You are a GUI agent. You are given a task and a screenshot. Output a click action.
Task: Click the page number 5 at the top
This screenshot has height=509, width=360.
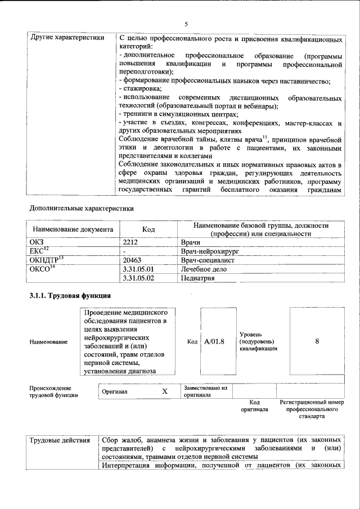pos(185,24)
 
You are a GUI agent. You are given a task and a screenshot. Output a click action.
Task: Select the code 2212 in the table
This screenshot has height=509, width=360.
pos(130,242)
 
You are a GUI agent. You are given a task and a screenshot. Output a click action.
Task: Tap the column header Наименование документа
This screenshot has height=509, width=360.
pos(73,229)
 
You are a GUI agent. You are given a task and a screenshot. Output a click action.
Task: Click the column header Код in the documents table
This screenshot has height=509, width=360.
pos(148,229)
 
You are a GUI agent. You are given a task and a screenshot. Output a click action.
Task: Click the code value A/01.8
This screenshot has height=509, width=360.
pos(215,341)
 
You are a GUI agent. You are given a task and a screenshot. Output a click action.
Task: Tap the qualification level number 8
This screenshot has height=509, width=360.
pos(317,341)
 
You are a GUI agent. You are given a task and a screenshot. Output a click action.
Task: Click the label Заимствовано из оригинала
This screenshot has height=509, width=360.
pos(205,391)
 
